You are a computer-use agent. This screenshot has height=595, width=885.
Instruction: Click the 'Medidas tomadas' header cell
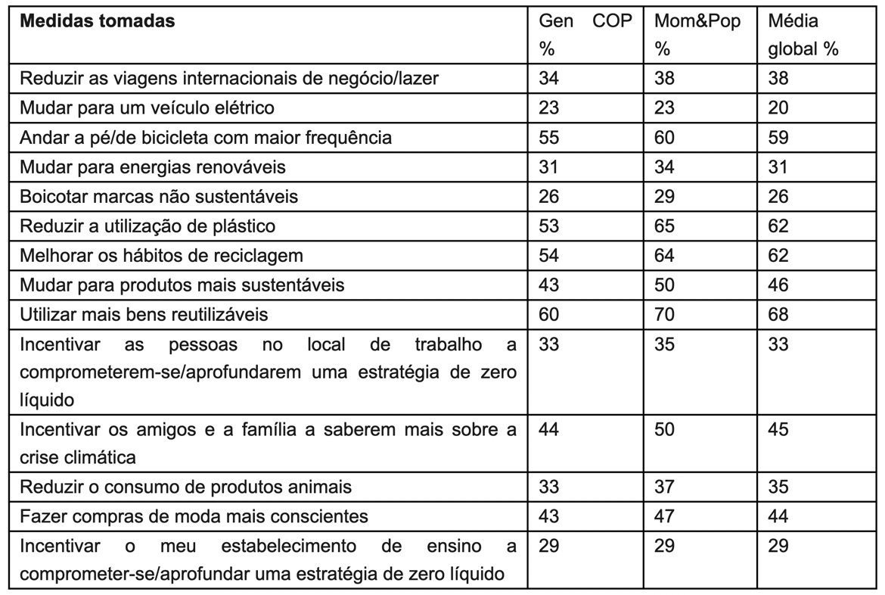point(97,21)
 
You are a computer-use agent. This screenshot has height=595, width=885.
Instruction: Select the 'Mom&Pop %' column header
point(697,35)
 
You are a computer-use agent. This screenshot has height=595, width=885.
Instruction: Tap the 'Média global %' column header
point(803,35)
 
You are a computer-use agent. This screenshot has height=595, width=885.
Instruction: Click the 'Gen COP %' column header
point(585,35)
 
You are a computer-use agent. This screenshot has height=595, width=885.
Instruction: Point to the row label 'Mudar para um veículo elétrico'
point(147,107)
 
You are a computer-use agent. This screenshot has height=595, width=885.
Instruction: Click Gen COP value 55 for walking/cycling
point(549,137)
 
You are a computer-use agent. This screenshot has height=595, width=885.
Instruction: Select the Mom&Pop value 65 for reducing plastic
point(665,226)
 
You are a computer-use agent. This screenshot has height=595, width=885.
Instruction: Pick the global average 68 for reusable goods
point(778,314)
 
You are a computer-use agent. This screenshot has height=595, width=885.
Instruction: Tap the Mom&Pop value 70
point(665,314)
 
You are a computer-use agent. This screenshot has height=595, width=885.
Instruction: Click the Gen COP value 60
point(549,314)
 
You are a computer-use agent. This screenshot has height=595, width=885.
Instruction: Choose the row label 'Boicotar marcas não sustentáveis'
point(159,196)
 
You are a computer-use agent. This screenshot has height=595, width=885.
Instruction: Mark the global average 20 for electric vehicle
point(778,107)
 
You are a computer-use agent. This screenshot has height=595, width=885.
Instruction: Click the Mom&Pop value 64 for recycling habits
point(665,255)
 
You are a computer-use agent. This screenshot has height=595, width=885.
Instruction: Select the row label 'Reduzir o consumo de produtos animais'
point(185,486)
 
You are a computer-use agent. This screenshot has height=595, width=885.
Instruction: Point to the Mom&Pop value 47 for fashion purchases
point(665,516)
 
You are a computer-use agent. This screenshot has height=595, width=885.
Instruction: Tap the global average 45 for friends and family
point(778,429)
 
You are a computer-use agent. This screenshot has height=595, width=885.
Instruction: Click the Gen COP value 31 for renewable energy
point(549,167)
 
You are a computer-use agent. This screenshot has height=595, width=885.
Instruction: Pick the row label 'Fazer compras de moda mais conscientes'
point(194,516)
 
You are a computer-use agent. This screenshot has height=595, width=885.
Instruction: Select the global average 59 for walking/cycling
point(778,137)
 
